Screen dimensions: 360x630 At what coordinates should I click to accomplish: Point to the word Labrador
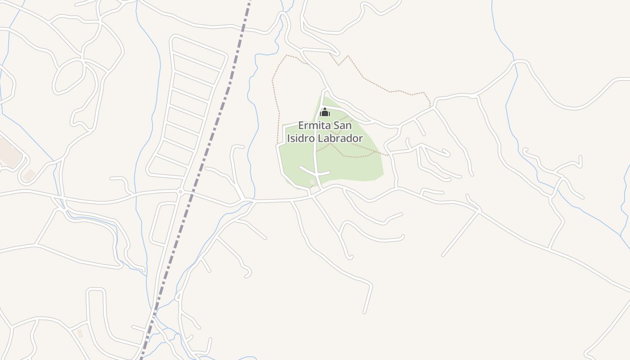[340, 138]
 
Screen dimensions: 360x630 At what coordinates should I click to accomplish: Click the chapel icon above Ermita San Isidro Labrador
[325, 112]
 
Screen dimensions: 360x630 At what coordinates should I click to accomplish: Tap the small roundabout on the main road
[180, 192]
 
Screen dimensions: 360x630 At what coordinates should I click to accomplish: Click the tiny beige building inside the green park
[312, 182]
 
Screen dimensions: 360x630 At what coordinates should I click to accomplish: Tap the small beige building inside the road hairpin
[29, 175]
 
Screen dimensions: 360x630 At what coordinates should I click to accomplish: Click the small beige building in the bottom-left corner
[80, 333]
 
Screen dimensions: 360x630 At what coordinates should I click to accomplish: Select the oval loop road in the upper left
[68, 76]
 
